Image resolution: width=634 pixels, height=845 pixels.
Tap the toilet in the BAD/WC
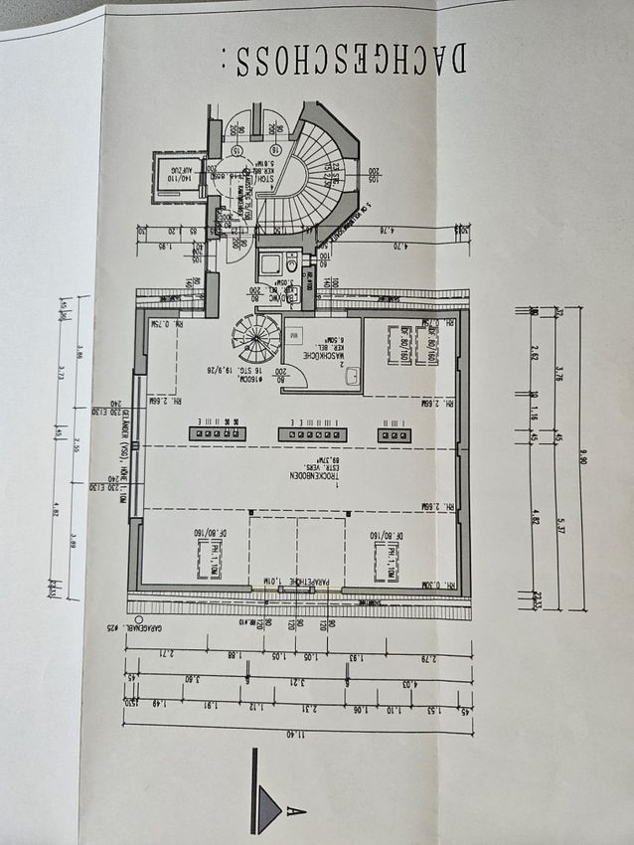(x=290, y=263)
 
